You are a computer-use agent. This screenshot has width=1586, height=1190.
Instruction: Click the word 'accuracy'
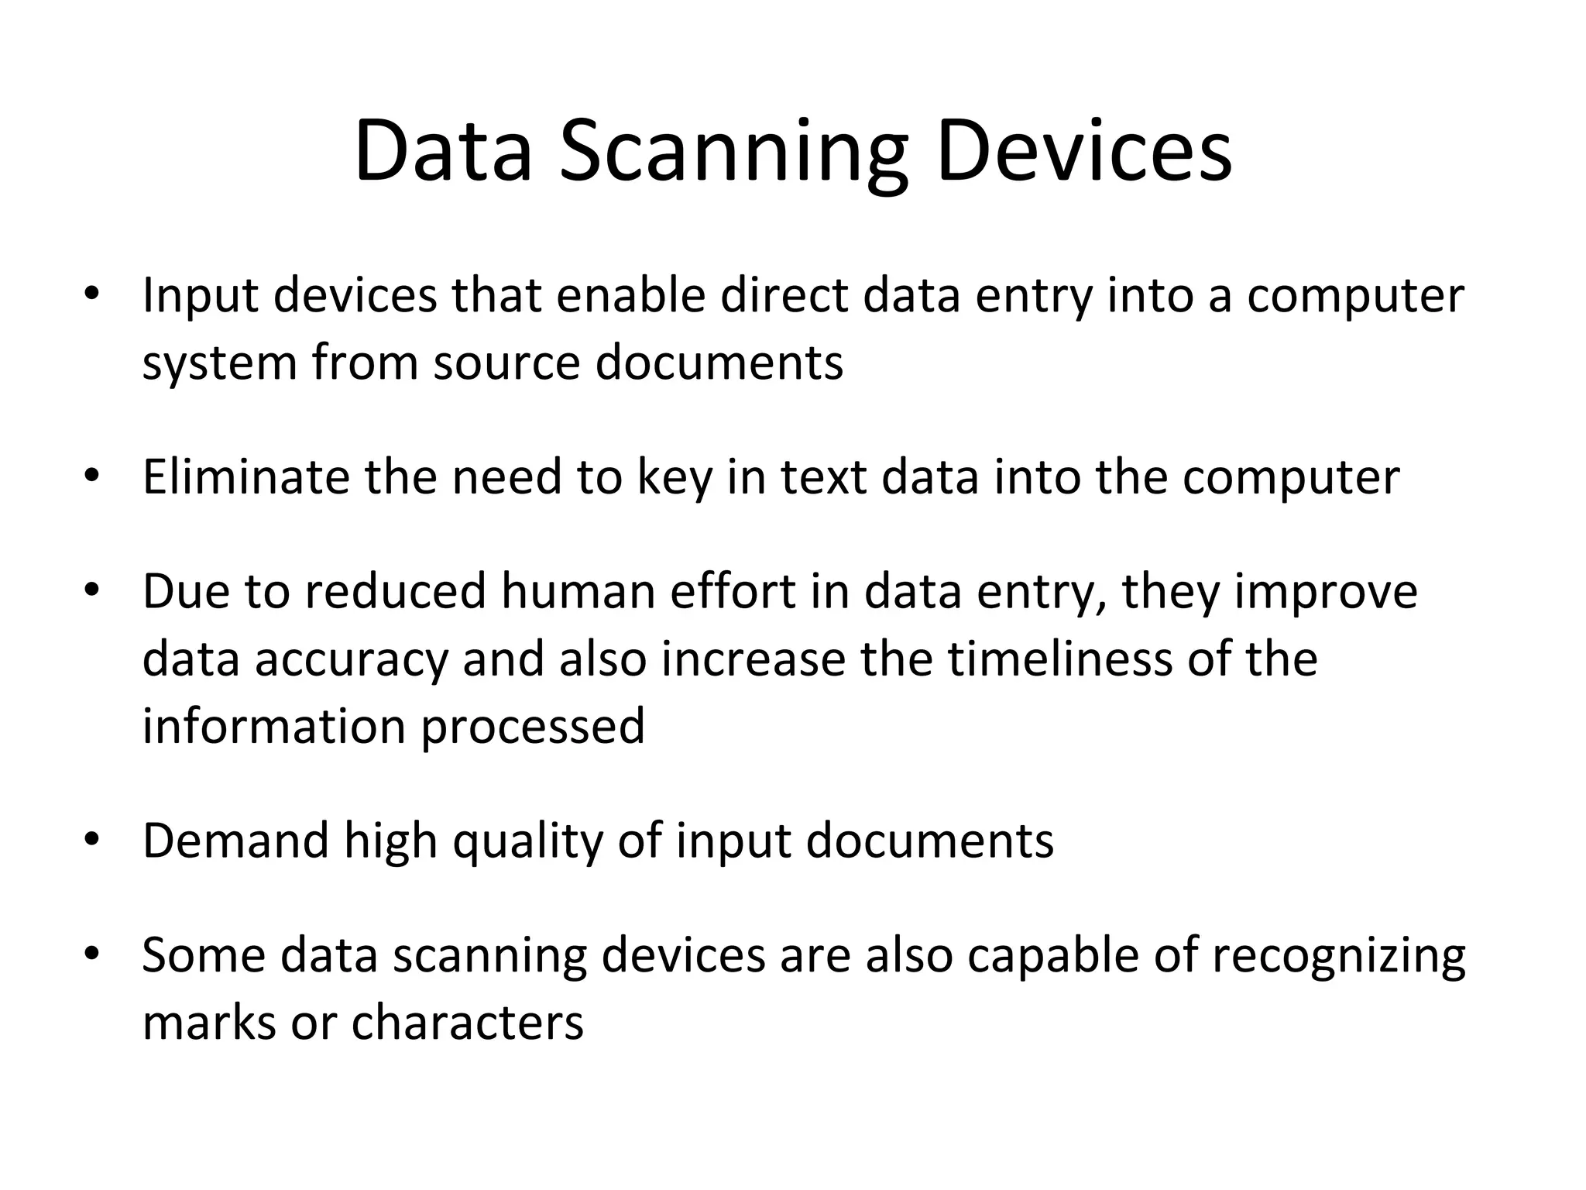click(x=352, y=660)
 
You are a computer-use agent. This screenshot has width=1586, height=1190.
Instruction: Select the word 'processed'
click(x=533, y=727)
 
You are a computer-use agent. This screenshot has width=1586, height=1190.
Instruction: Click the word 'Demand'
click(x=235, y=841)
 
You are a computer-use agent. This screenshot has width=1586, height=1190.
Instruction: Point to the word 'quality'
click(x=527, y=842)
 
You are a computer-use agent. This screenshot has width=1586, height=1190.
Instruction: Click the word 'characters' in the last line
click(x=467, y=1023)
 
